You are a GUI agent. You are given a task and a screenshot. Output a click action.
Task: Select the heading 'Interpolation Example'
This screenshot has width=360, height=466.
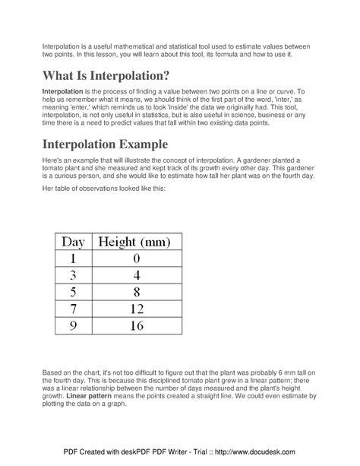116,144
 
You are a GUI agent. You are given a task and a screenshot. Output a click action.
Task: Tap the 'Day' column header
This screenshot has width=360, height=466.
73,243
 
